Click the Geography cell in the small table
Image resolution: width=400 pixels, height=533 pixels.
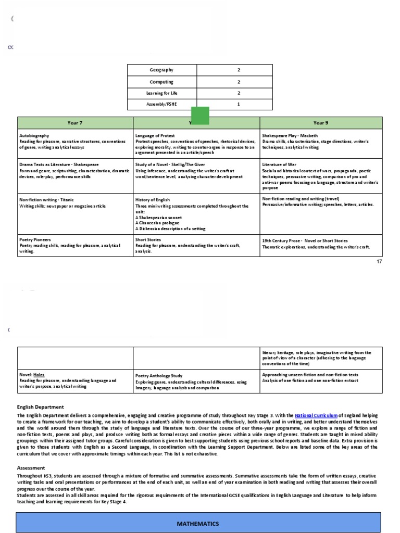pos(162,70)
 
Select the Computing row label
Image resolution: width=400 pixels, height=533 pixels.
pos(162,82)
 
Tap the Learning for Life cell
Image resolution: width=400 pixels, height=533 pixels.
pos(162,93)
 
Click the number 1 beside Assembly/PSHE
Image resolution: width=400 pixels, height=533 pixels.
pos(239,105)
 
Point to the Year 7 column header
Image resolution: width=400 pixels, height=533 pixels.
pos(75,123)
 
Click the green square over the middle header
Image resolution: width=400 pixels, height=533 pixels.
pos(200,116)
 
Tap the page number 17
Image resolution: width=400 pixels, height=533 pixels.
pos(379,261)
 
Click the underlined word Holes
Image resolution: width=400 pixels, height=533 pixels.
pos(40,375)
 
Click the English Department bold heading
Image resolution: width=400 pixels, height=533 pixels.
pos(40,407)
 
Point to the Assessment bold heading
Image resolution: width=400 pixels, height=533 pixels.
pos(31,467)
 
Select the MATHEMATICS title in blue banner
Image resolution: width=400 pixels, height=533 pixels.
pos(199,524)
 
